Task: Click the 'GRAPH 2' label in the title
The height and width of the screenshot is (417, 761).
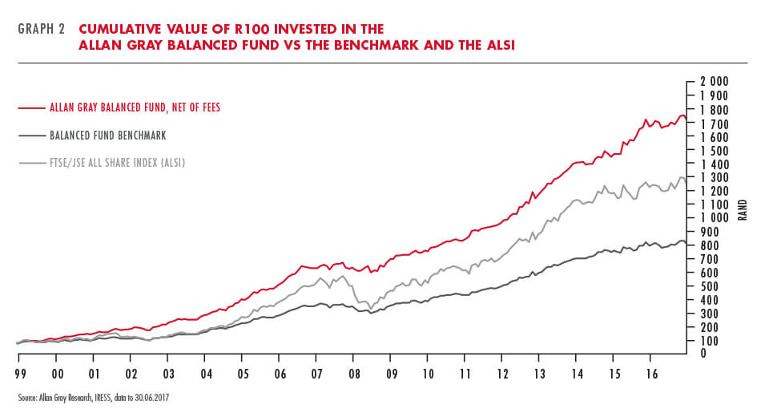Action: (39, 30)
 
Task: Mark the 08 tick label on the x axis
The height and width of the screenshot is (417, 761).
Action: (352, 373)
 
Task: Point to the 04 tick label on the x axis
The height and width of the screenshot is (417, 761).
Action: (205, 373)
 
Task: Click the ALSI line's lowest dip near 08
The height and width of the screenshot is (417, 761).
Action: (370, 309)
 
